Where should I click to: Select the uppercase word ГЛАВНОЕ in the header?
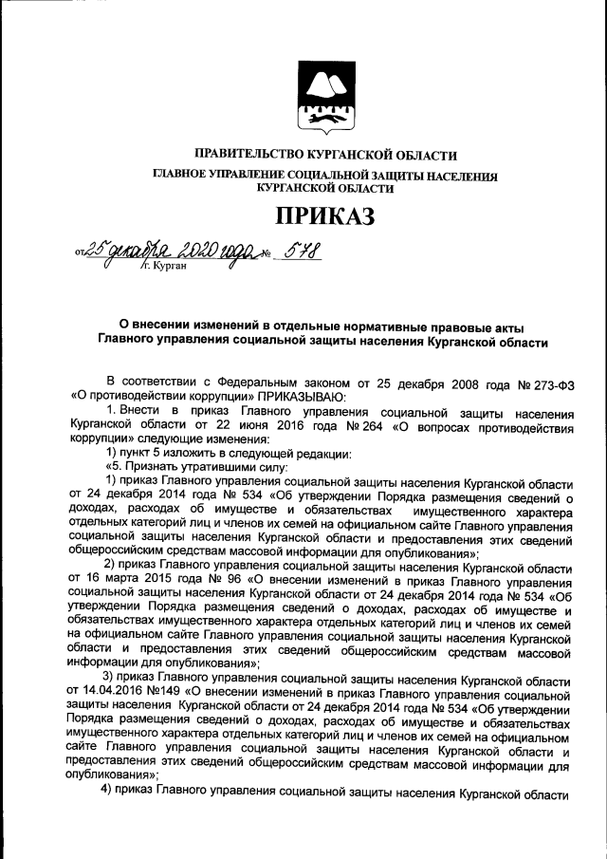click(x=178, y=176)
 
